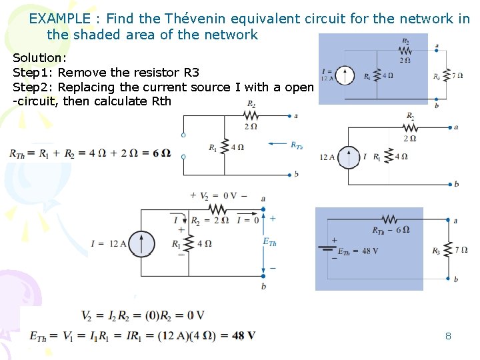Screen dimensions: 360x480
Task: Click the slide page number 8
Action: click(448, 336)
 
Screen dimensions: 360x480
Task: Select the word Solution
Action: click(38, 58)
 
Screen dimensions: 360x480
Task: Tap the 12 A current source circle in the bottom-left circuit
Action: click(141, 243)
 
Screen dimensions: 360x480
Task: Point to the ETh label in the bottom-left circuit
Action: click(269, 242)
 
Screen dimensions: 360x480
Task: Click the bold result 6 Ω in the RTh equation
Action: click(161, 153)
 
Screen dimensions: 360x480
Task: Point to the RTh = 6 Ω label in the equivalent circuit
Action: click(391, 230)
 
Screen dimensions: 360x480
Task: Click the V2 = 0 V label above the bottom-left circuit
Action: click(218, 195)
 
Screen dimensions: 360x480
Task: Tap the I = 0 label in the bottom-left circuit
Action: click(247, 221)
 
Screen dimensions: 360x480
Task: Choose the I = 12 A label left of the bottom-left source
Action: click(108, 243)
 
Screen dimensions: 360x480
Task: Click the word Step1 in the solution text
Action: click(31, 72)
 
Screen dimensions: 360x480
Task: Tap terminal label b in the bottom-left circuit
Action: click(263, 285)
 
